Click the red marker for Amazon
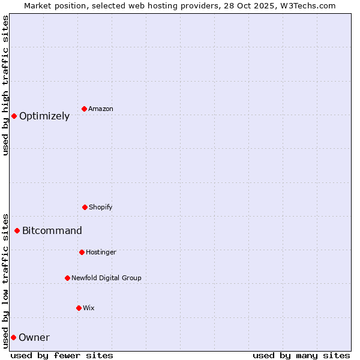(x=84, y=109)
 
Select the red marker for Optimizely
(x=14, y=116)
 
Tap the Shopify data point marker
(x=85, y=207)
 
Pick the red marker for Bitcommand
(x=17, y=230)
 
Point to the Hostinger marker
(x=82, y=252)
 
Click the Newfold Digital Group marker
(x=67, y=278)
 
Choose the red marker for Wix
(x=79, y=308)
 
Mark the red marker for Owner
(x=13, y=337)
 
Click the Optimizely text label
(x=44, y=116)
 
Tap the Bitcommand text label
(x=52, y=231)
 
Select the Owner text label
(x=34, y=338)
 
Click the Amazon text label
(x=101, y=109)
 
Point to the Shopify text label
(x=101, y=208)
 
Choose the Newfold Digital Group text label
(x=107, y=278)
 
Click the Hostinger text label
(x=101, y=253)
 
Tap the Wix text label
(x=89, y=308)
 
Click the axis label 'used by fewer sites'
(x=62, y=355)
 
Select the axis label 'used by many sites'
(x=301, y=355)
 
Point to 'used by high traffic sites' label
(x=6, y=85)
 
